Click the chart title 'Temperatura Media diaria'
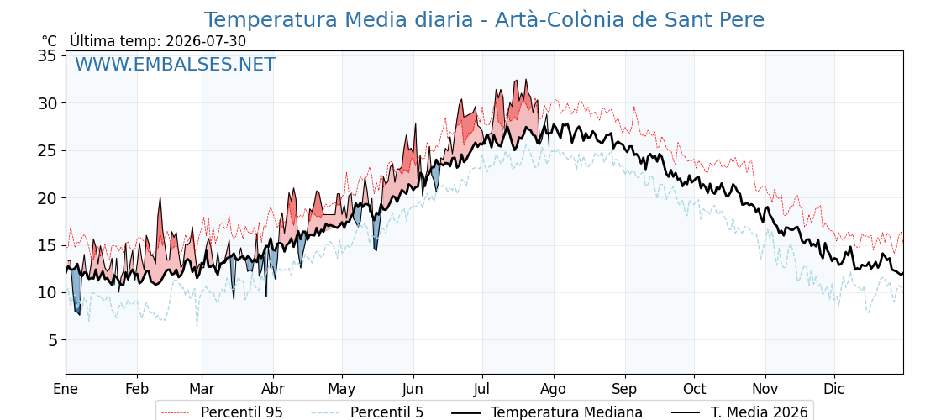tap(339, 20)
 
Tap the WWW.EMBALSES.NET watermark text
tap(176, 64)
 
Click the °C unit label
tap(50, 41)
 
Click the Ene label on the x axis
tap(66, 390)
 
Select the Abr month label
tap(273, 390)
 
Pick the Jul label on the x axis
tap(482, 390)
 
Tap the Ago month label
tap(554, 390)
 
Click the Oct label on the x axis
tap(694, 390)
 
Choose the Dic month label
tap(834, 390)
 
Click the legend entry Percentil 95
tap(242, 412)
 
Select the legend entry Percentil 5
tap(386, 412)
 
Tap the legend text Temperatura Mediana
tap(566, 412)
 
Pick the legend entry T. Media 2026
tap(760, 412)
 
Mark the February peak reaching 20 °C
tap(160, 198)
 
